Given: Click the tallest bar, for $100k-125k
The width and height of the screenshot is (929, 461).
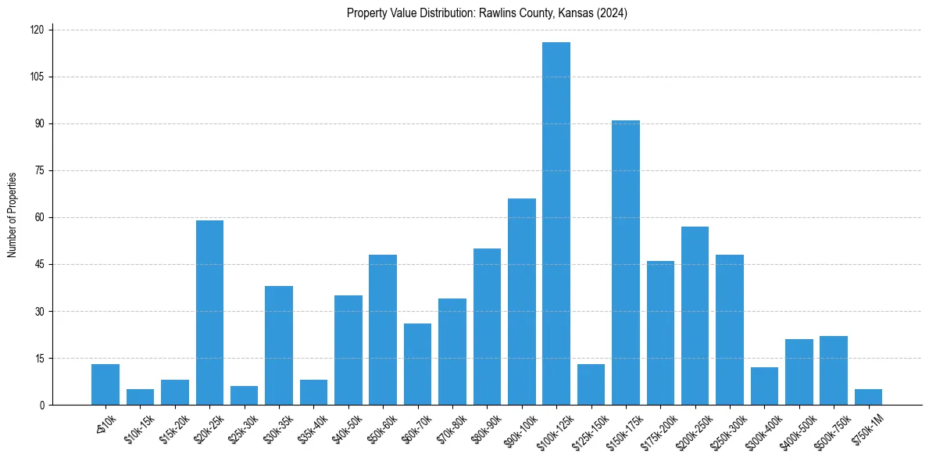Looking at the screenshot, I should [556, 223].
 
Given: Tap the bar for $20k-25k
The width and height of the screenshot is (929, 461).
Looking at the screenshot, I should [209, 313].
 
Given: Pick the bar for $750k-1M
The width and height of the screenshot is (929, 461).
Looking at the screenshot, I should [868, 397].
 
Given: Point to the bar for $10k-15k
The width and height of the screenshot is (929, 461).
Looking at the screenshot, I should [140, 397].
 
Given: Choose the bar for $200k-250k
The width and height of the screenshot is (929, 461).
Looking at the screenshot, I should [695, 316].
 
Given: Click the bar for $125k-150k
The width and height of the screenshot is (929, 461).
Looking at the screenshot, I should [591, 384].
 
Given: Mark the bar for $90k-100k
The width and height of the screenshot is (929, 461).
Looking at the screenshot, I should [521, 302].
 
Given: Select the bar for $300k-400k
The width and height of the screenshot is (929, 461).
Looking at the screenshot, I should [764, 386].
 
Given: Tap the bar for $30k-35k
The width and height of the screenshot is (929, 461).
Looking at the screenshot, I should [279, 345].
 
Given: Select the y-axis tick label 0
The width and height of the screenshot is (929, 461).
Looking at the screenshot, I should [43, 405].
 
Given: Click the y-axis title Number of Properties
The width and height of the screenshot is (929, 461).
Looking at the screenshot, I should [13, 215].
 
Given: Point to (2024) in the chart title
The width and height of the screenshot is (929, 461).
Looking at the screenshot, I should [611, 13].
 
